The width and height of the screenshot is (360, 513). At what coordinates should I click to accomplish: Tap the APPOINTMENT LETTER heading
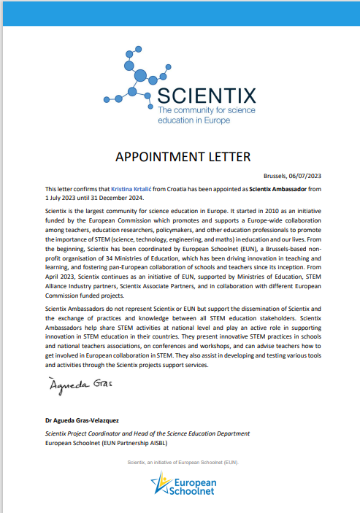click(183, 158)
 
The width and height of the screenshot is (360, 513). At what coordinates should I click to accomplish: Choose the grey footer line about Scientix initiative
click(183, 463)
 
